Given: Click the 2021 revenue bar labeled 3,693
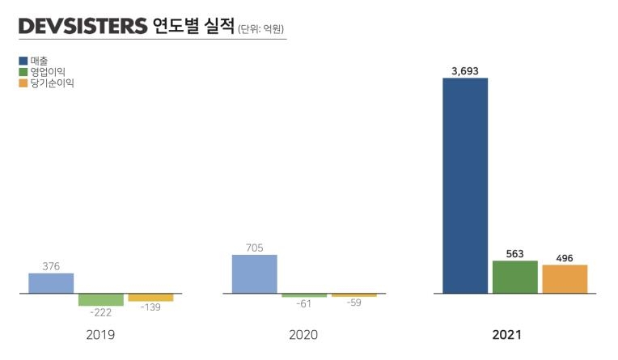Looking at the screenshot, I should [x=465, y=185].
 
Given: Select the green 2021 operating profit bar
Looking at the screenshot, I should [x=514, y=277].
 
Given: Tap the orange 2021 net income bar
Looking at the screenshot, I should [x=565, y=279].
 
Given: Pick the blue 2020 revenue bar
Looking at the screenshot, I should [x=254, y=274].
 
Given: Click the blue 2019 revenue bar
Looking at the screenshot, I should [x=51, y=283].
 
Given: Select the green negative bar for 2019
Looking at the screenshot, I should [x=101, y=299].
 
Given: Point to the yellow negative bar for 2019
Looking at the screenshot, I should [x=150, y=297].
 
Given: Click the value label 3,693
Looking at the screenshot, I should [x=465, y=71].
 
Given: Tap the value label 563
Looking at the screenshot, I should [x=514, y=253].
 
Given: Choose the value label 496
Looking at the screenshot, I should [x=565, y=258].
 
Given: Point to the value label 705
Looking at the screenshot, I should [x=254, y=248].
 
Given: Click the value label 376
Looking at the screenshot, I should [x=51, y=266].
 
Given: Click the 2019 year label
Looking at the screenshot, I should [x=100, y=334].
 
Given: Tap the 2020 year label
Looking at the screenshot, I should [x=303, y=334].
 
